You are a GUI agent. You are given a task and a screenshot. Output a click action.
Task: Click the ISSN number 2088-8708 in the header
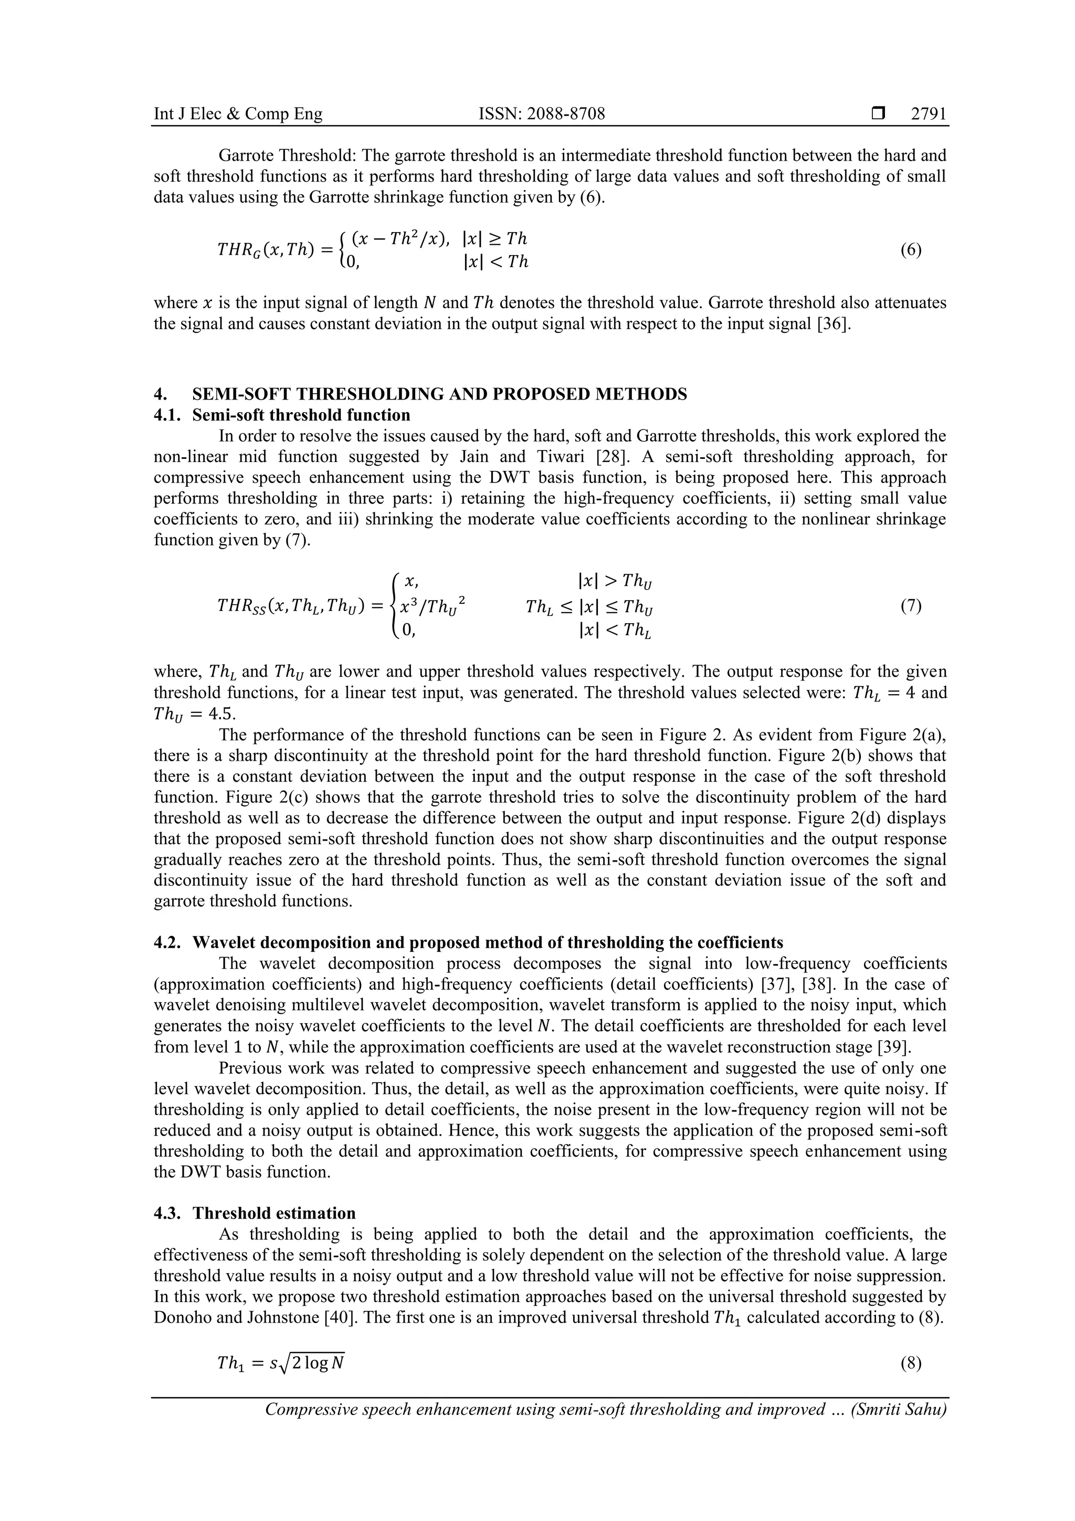coord(541,114)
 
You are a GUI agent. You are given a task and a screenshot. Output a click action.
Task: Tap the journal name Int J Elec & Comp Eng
coord(238,114)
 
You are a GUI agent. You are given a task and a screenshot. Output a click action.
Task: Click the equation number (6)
coord(911,250)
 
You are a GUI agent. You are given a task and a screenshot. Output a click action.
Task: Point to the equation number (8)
coord(911,1363)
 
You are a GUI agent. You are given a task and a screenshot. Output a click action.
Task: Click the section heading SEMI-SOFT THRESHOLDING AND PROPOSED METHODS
coord(439,394)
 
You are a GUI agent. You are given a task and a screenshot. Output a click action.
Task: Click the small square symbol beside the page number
coord(879,114)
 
